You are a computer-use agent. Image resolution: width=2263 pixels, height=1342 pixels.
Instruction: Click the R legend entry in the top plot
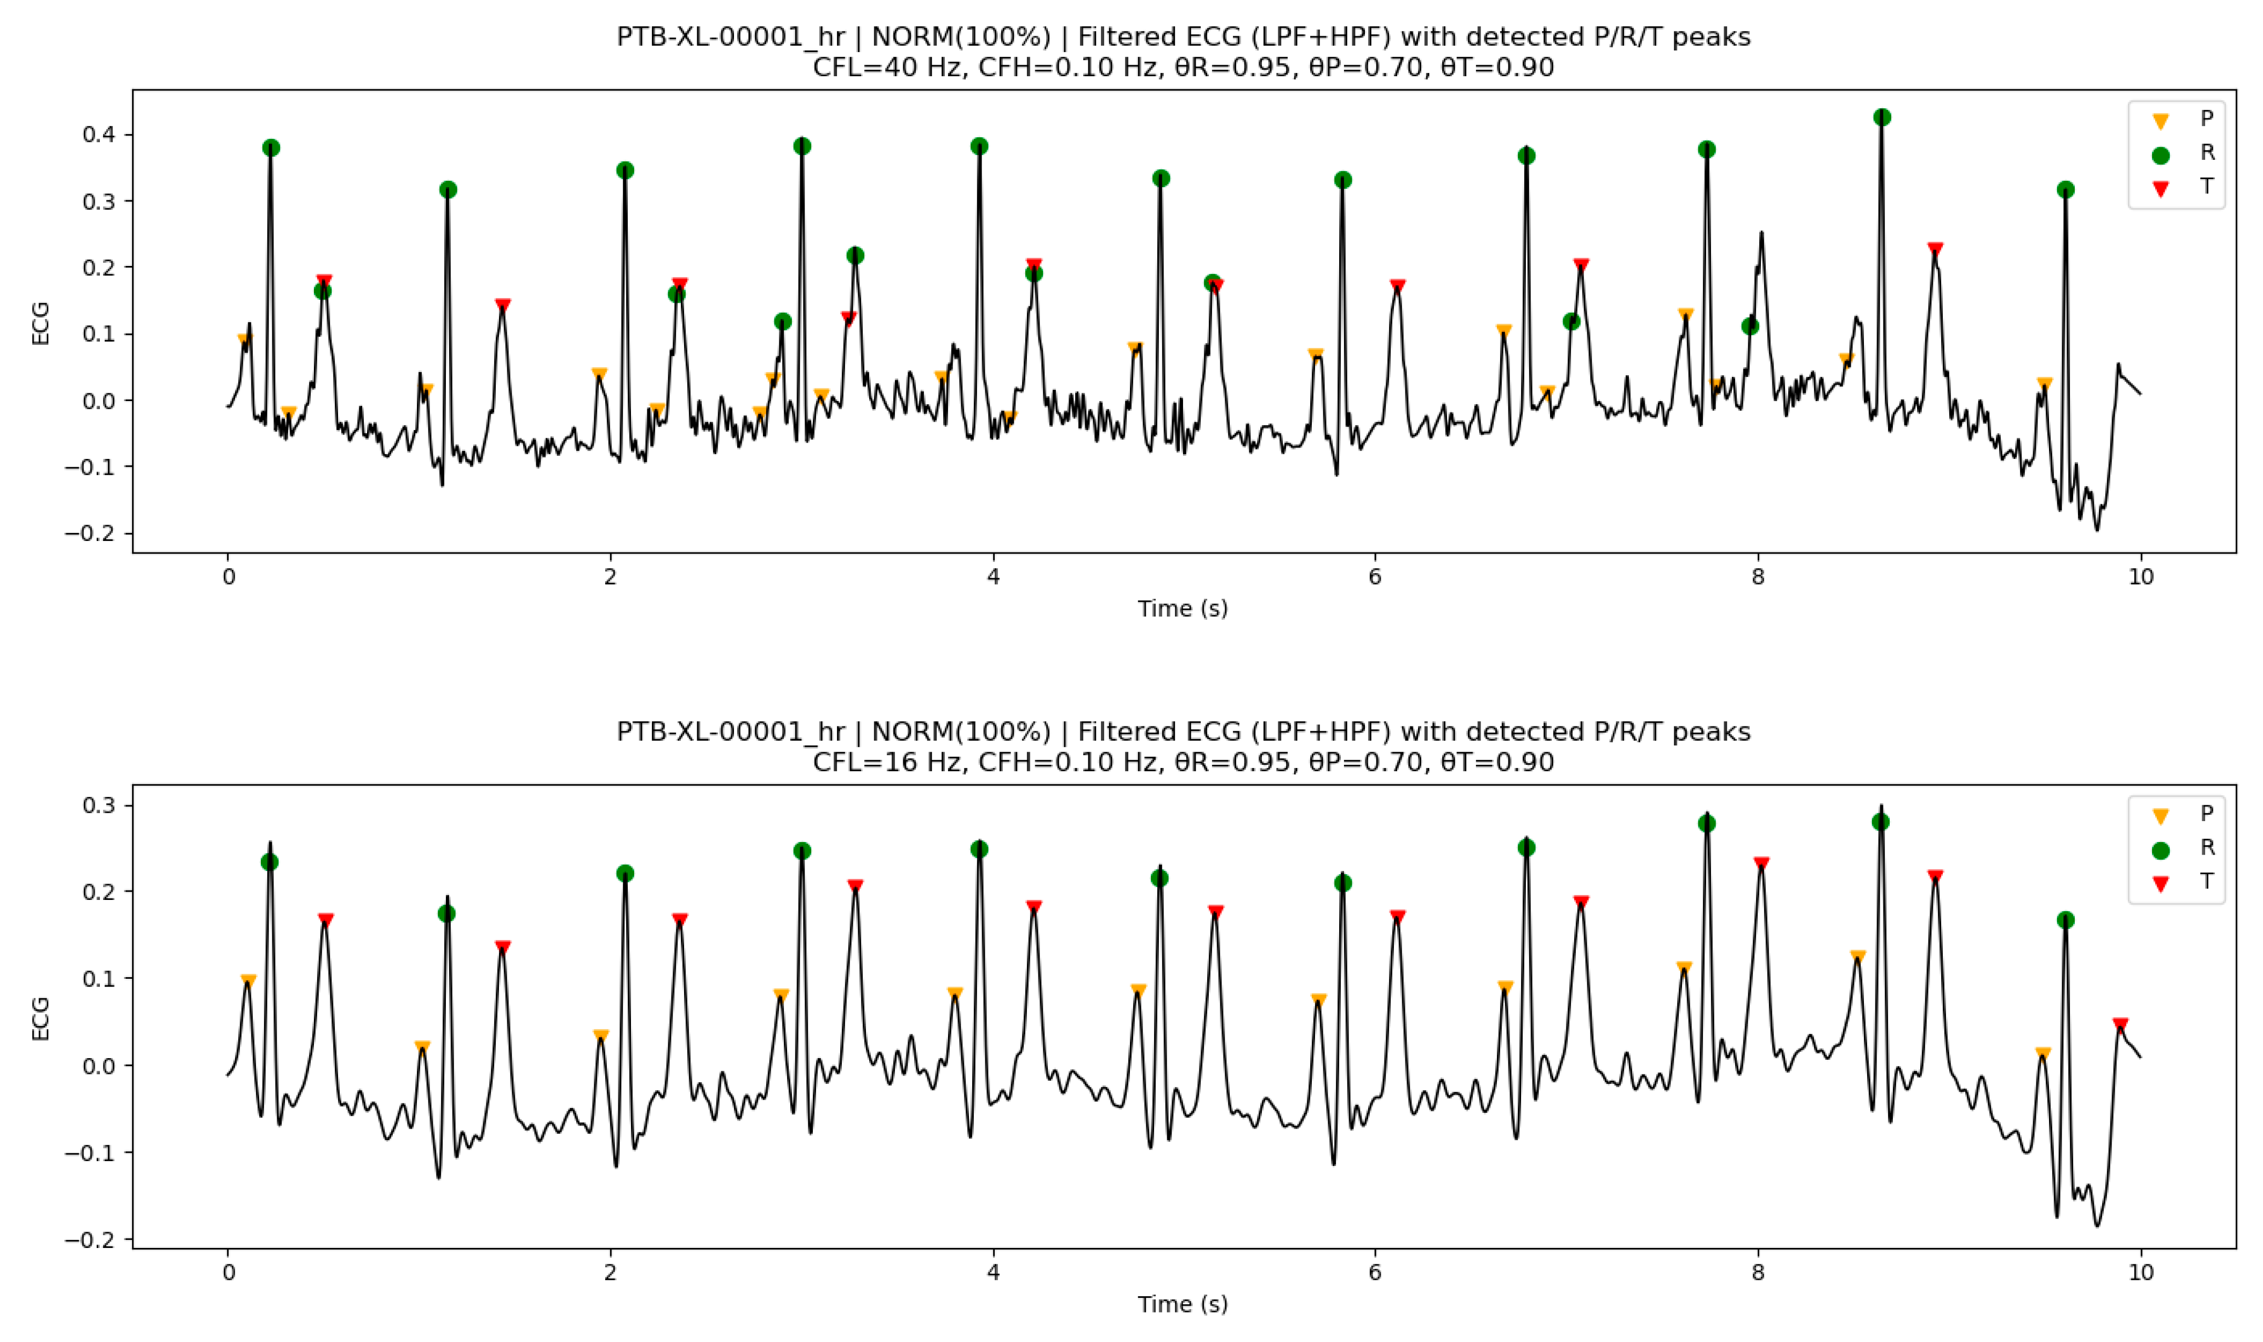[x=2207, y=153]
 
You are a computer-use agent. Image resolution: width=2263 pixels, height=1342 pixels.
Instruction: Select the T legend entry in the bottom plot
[x=2207, y=882]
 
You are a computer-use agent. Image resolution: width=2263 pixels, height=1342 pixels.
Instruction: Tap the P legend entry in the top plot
[x=2207, y=118]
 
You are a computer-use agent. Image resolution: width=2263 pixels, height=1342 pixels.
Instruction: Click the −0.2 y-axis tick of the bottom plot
[x=90, y=1240]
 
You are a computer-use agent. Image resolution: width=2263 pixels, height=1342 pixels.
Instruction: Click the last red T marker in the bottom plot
[x=2120, y=1025]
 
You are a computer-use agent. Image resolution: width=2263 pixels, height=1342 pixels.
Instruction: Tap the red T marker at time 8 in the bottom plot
[x=1761, y=864]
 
